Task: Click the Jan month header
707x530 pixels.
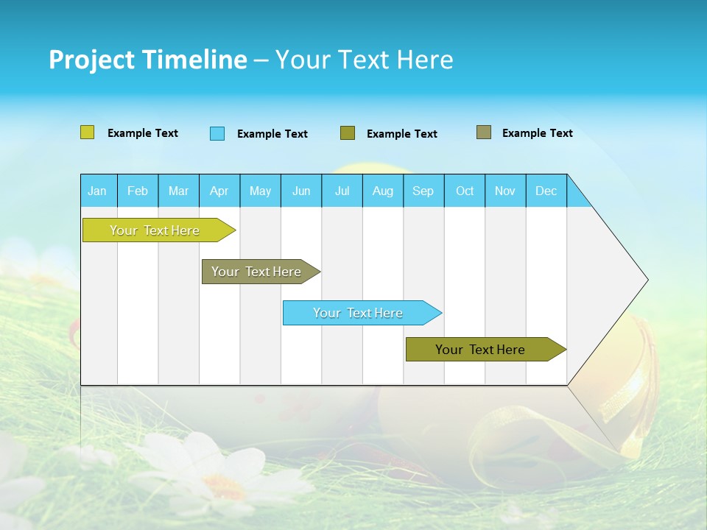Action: [x=97, y=191]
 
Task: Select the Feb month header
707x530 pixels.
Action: [x=138, y=191]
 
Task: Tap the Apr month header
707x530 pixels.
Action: [x=219, y=191]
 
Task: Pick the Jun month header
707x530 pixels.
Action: [x=301, y=191]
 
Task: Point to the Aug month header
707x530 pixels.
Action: [x=382, y=191]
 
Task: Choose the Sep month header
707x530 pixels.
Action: [x=423, y=191]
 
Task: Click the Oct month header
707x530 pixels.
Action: [x=465, y=191]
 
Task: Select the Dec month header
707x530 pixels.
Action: [x=546, y=191]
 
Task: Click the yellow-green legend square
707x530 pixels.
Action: [x=87, y=132]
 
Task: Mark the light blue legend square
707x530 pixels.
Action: [x=217, y=133]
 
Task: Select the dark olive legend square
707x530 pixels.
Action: [x=348, y=132]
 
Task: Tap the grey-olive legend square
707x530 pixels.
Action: [x=483, y=132]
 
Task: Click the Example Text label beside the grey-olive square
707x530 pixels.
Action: [x=537, y=133]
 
